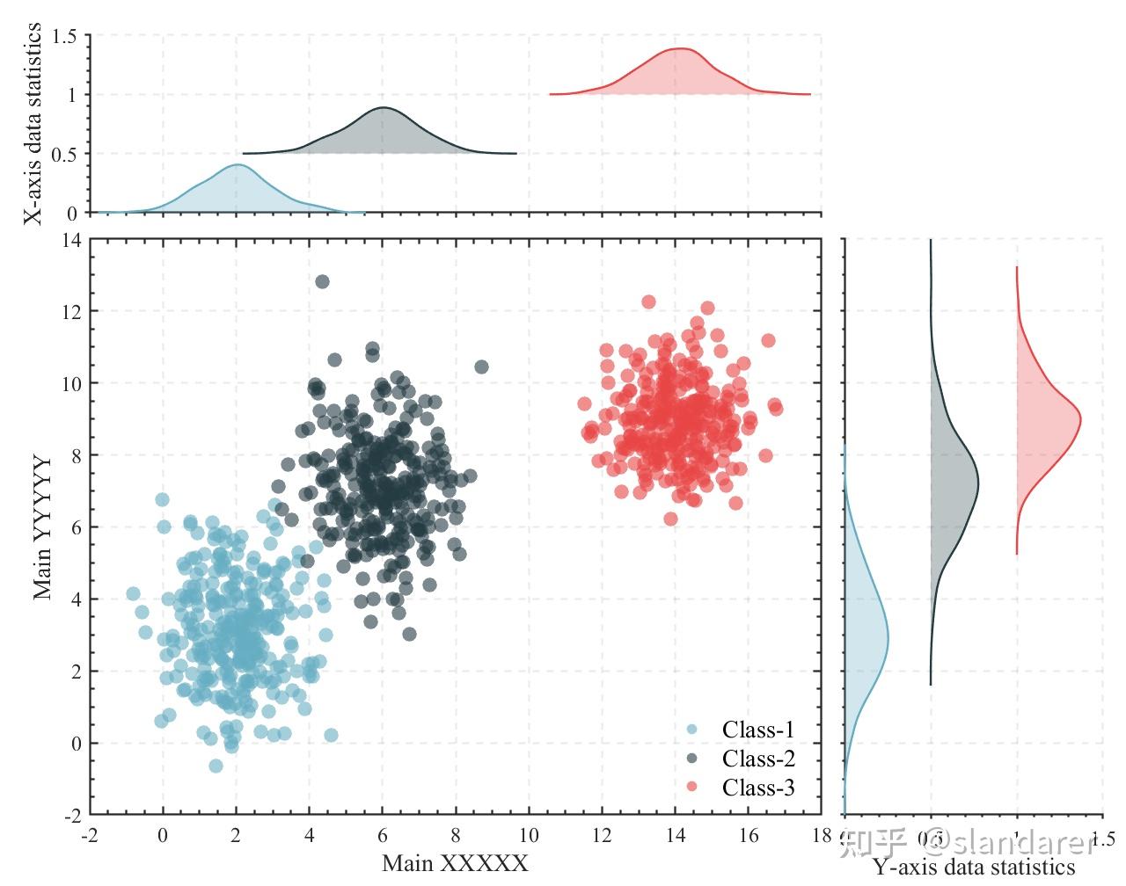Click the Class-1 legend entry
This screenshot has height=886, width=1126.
757,730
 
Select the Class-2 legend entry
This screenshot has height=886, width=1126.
757,759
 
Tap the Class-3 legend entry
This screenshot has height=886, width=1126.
757,788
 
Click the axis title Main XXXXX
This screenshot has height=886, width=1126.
455,863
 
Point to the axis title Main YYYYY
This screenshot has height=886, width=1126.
43,527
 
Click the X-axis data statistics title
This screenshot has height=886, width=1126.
33,124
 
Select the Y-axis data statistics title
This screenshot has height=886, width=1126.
974,868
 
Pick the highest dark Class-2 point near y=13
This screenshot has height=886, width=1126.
322,281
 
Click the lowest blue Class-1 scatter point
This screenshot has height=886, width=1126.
216,766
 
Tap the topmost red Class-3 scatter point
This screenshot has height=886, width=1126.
649,302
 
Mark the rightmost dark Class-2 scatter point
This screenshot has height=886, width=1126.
481,367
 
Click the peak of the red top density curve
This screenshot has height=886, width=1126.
680,49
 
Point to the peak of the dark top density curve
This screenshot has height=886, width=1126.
383,108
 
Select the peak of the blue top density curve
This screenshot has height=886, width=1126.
237,164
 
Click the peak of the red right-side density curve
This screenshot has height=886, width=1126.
1080,420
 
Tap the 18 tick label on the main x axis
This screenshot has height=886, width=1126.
822,835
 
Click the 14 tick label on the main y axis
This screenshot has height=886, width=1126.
70,240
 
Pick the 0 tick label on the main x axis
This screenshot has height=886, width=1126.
163,835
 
